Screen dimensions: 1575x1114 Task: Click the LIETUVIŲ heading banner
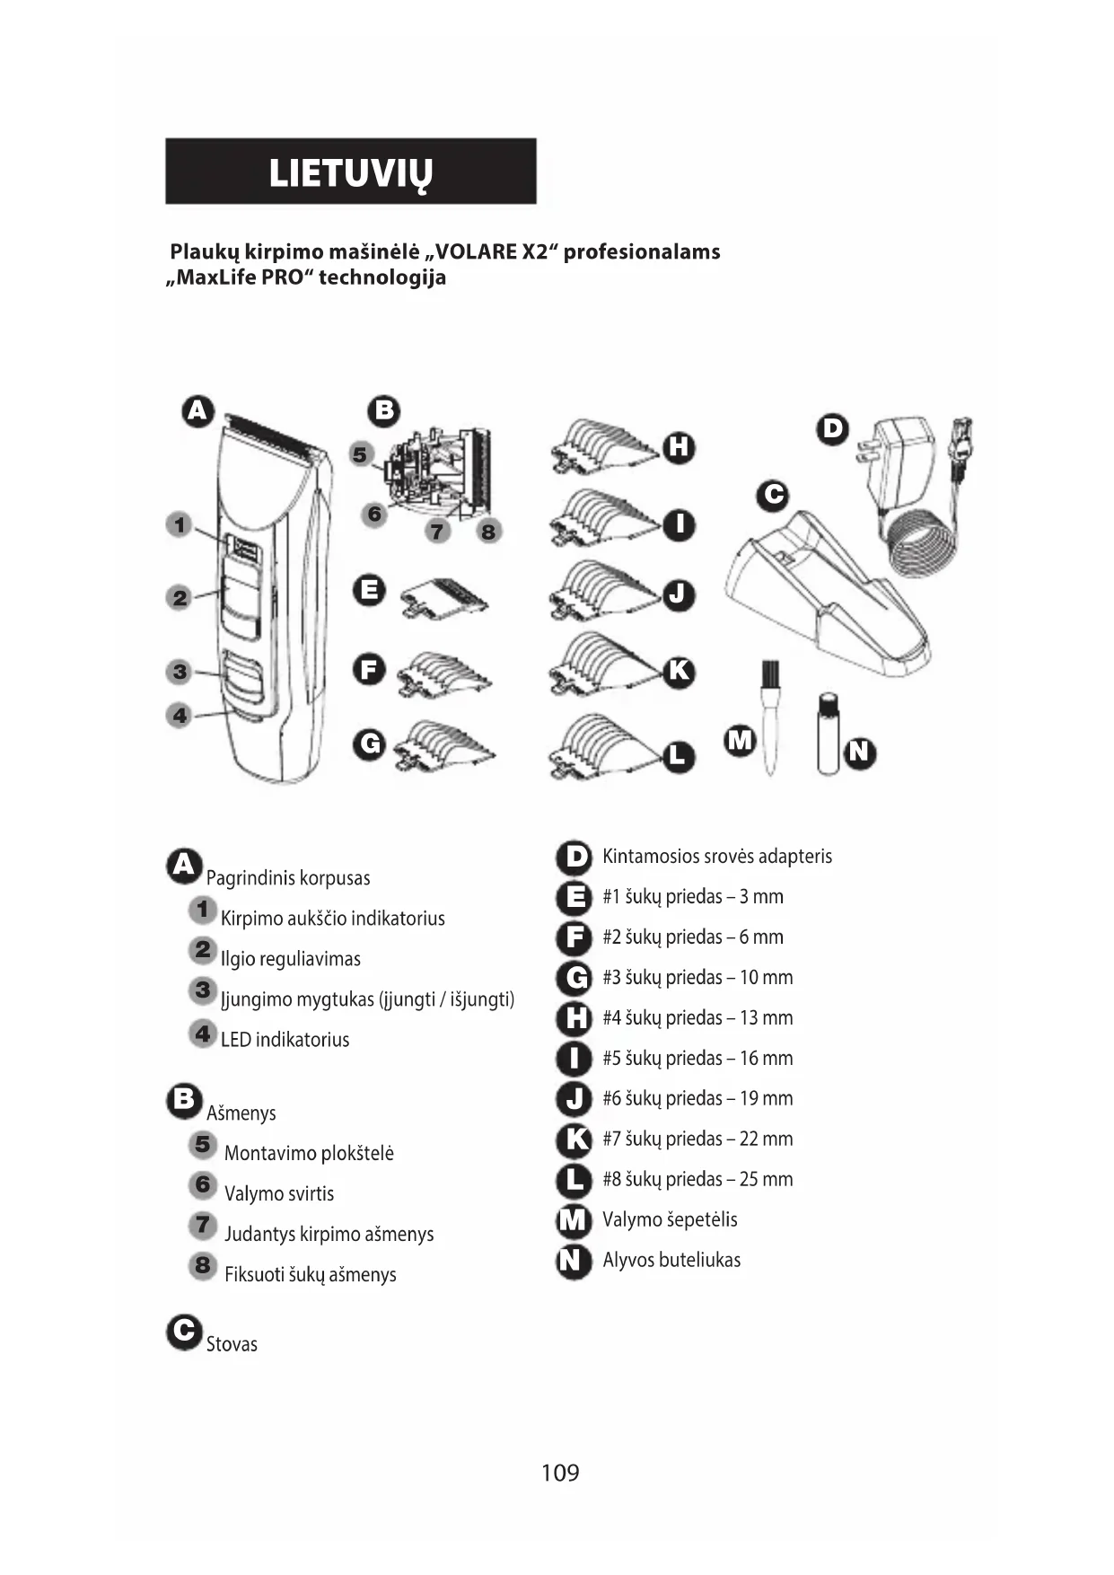[350, 172]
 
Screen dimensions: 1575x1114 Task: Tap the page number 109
[560, 1472]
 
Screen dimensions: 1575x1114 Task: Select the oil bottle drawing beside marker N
[828, 734]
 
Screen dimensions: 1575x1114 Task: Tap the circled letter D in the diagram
[833, 428]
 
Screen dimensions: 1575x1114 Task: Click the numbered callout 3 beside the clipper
[180, 671]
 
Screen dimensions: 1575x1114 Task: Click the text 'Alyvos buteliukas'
[671, 1260]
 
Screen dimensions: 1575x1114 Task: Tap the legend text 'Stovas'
[232, 1344]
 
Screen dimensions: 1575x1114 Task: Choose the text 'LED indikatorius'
[285, 1040]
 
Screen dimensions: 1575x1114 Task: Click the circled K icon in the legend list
[574, 1139]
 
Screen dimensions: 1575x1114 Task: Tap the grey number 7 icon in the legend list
[203, 1225]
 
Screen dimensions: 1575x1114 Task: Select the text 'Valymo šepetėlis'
[670, 1219]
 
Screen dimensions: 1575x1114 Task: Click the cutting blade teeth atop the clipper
[273, 435]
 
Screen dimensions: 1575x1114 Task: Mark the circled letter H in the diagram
[679, 446]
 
